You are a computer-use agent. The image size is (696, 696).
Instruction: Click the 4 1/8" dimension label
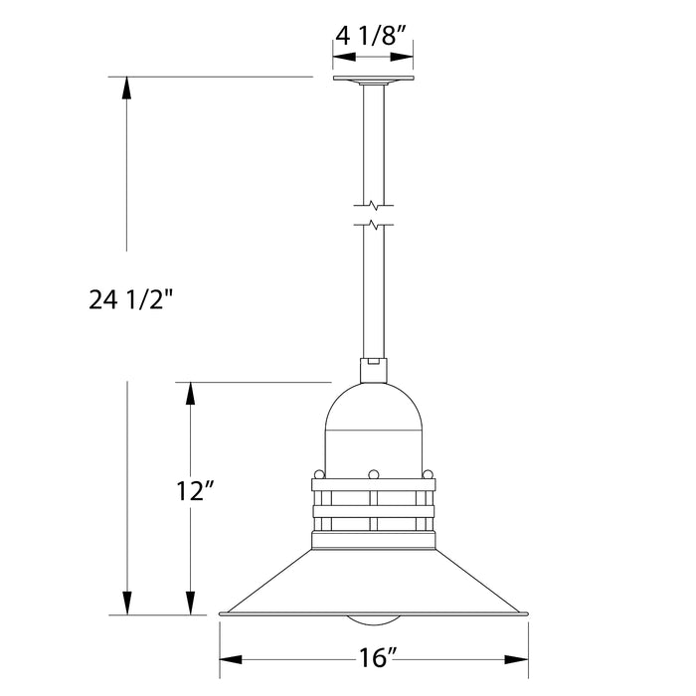click(373, 38)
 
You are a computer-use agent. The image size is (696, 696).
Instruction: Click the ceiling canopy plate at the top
click(373, 81)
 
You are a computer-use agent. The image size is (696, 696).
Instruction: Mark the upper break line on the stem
click(373, 206)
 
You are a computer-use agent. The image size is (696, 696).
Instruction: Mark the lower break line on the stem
click(373, 226)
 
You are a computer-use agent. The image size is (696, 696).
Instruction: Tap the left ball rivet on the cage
click(317, 473)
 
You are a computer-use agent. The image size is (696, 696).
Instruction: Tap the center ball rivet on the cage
click(373, 473)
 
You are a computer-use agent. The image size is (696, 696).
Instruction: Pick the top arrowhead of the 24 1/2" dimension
click(126, 87)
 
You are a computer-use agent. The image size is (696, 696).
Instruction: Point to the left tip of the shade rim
click(221, 614)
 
